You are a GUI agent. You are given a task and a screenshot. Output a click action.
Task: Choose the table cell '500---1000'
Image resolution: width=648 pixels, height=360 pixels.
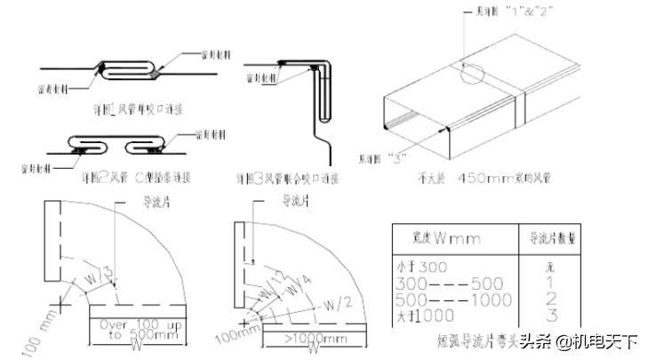(452, 299)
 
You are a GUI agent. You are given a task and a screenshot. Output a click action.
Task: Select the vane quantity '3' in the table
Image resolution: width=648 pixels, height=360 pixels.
(551, 315)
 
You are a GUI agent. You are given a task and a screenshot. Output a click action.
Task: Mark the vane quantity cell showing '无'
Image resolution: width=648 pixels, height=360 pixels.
(551, 268)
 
